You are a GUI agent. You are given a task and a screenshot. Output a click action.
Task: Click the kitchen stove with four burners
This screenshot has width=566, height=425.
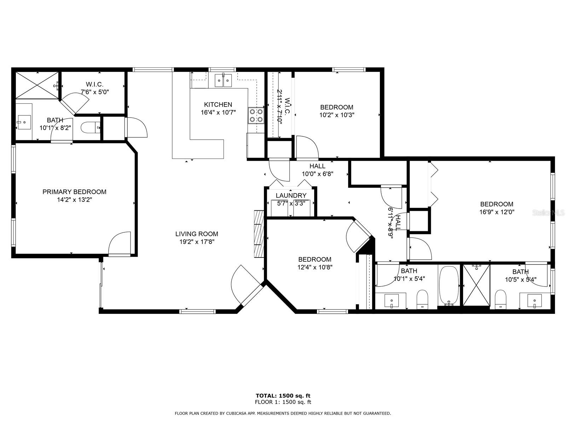256,115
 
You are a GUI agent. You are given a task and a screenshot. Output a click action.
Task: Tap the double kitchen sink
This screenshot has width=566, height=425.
223,80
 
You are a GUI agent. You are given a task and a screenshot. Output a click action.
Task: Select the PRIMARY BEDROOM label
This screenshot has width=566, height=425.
74,192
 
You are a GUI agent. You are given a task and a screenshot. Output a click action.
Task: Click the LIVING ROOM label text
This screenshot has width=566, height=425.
197,234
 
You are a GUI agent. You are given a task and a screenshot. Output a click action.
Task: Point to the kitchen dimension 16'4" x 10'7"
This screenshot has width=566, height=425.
218,112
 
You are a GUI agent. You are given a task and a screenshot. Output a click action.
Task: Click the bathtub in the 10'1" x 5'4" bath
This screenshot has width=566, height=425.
449,286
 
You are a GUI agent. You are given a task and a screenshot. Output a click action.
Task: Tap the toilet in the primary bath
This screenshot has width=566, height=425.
90,127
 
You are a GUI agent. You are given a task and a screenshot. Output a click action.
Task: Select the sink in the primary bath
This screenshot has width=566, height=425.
24,122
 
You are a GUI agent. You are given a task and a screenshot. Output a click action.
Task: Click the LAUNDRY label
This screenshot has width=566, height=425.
291,195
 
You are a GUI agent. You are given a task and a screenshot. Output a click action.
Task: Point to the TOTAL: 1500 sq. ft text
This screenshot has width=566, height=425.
283,396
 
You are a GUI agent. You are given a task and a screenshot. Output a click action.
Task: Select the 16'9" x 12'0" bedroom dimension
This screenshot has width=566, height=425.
497,212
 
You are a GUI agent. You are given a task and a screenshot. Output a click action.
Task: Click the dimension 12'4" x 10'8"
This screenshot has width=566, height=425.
314,267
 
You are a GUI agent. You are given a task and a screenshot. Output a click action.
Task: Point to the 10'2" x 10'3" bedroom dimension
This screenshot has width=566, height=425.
337,115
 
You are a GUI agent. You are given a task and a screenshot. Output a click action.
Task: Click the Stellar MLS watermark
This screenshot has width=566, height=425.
548,213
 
